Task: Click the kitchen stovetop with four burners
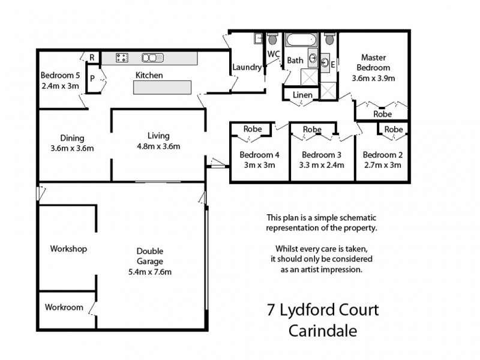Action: pyautogui.click(x=122, y=58)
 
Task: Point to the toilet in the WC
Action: pyautogui.click(x=274, y=40)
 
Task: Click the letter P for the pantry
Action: pyautogui.click(x=92, y=78)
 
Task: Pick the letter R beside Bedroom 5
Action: pyautogui.click(x=92, y=58)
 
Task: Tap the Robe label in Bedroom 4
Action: pyautogui.click(x=251, y=129)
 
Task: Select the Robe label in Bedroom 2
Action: pyautogui.click(x=393, y=129)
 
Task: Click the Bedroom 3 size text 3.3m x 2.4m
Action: pyautogui.click(x=322, y=164)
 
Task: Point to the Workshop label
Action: pyautogui.click(x=69, y=248)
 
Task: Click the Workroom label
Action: pyautogui.click(x=64, y=307)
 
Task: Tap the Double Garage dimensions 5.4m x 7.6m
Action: pyautogui.click(x=149, y=272)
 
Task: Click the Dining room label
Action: pyautogui.click(x=72, y=137)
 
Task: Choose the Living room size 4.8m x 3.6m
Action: pyautogui.click(x=159, y=146)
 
